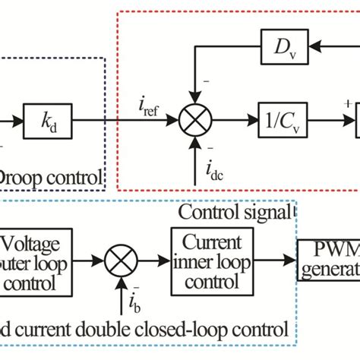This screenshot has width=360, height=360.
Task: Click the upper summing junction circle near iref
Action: click(195, 120)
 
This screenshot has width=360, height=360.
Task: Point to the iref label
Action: click(152, 106)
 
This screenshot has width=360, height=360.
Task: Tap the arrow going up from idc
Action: click(195, 156)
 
